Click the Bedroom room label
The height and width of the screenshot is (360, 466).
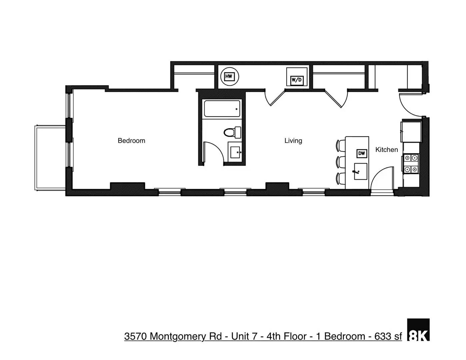[131, 141]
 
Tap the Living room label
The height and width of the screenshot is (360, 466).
[293, 141]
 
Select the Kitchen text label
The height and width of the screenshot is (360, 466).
[386, 150]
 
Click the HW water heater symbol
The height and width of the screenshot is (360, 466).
[229, 76]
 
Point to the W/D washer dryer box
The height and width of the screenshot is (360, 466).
[297, 80]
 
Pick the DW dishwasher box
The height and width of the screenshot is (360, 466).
[362, 153]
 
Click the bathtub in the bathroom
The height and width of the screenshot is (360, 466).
[222, 109]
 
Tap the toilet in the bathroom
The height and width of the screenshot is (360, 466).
[232, 132]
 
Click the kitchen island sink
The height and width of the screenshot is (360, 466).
[360, 171]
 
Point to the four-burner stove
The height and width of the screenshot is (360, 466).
[411, 164]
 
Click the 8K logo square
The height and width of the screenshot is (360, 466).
[418, 330]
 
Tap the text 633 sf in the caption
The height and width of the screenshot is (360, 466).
[388, 336]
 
